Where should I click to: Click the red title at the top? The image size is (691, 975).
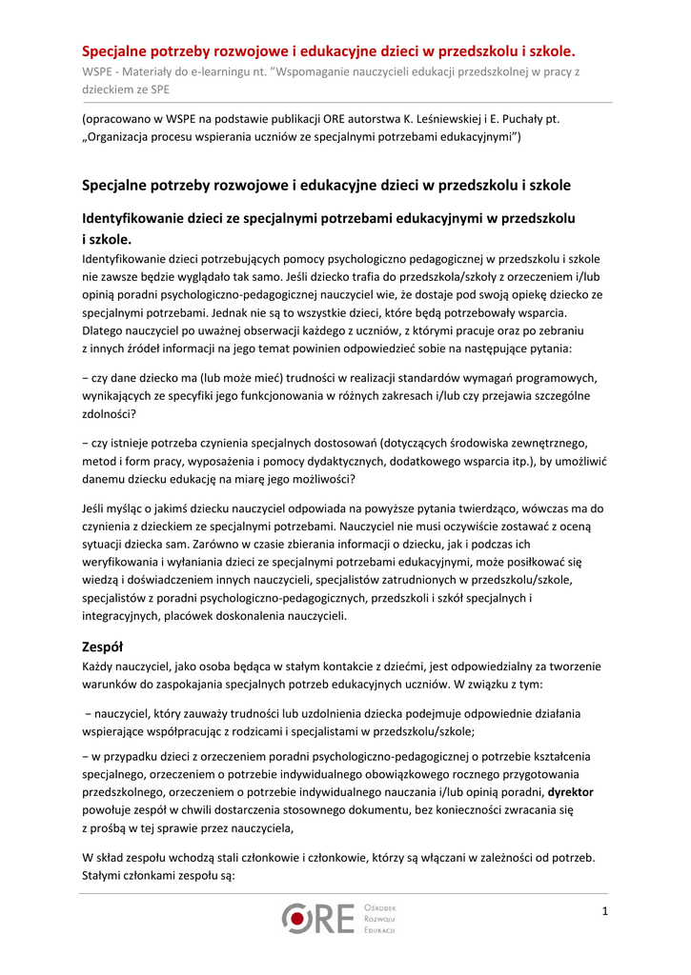328,50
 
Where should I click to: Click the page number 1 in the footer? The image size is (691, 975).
604,913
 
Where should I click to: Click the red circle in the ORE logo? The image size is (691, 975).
298,918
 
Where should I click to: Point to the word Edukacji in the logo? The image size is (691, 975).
379,929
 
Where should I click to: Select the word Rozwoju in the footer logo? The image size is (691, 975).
379,918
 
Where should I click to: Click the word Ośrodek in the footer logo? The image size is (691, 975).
380,907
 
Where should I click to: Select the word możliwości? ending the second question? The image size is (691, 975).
321,478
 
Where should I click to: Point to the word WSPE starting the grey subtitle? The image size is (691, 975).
96,70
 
